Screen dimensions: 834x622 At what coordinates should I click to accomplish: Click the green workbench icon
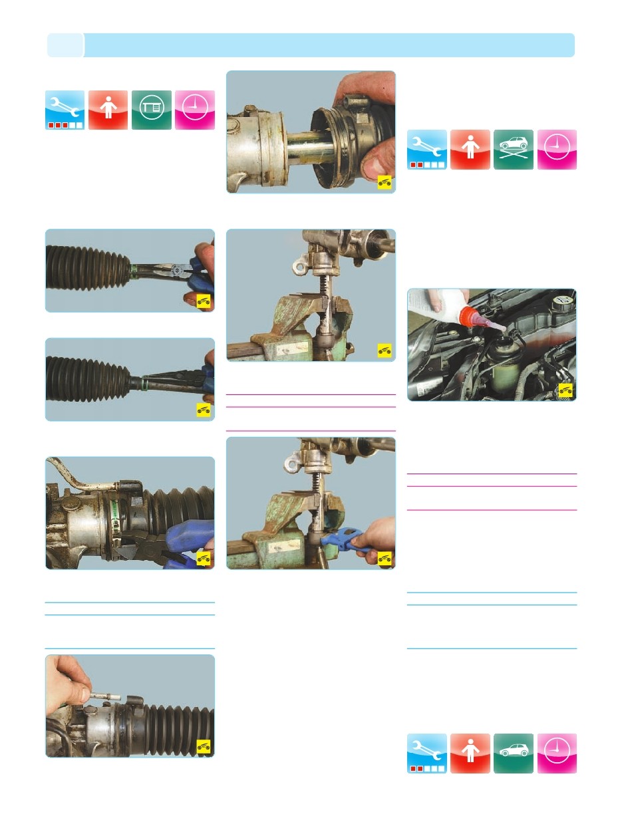click(152, 110)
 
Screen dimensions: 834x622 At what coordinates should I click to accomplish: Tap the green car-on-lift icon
click(514, 150)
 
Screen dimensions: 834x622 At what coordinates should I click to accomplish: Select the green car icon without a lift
click(514, 754)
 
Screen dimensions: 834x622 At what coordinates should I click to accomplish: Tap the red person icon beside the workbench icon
click(108, 110)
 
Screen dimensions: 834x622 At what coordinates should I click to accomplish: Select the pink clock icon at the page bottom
click(557, 754)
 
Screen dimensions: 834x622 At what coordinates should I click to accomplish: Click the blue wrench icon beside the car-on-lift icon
click(427, 150)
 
